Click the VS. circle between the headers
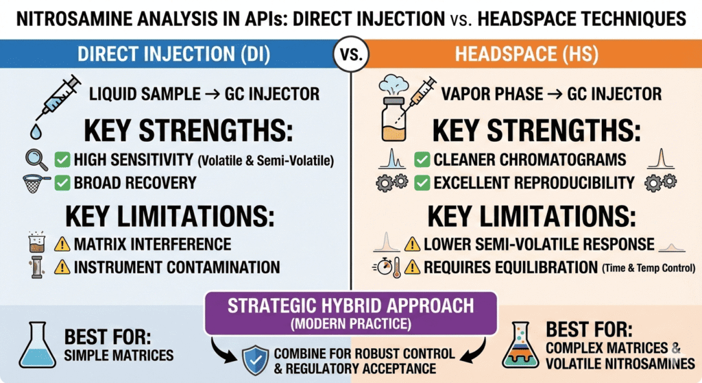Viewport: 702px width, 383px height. point(350,53)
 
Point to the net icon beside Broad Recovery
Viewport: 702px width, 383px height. point(33,183)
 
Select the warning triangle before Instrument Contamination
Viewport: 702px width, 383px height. point(62,267)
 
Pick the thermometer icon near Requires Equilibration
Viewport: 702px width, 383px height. point(396,268)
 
